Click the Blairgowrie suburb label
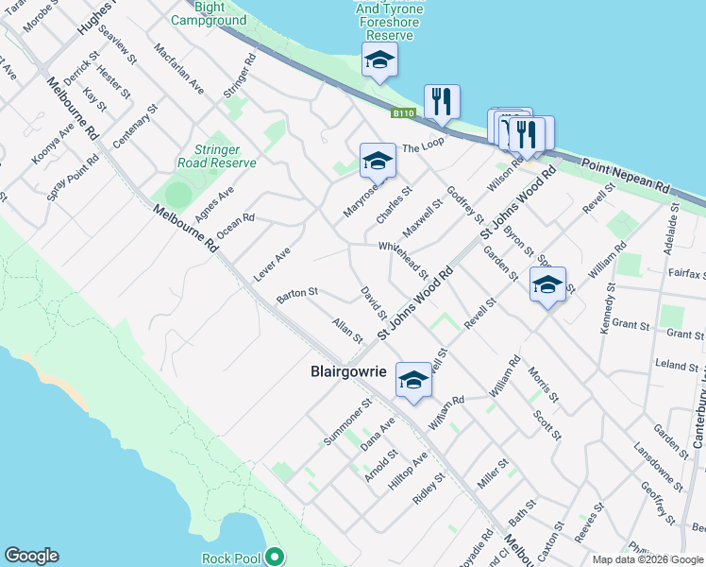(348, 371)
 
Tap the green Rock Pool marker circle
(275, 557)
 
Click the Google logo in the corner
(31, 556)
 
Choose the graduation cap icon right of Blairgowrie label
(412, 380)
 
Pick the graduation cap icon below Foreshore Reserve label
(379, 60)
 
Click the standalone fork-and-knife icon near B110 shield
(442, 101)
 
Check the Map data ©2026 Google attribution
(647, 559)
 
